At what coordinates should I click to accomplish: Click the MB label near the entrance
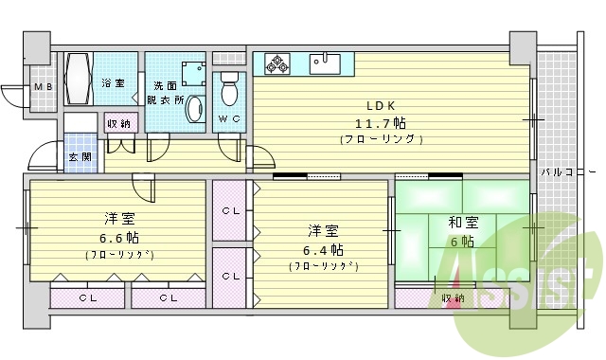click(43, 87)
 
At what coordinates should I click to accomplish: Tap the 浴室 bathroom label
click(113, 83)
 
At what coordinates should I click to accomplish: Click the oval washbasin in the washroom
click(194, 109)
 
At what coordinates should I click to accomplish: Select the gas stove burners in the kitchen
click(279, 63)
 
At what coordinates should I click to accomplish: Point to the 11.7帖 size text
click(380, 122)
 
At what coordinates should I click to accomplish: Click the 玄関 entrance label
click(79, 156)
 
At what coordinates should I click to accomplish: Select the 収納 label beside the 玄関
click(118, 123)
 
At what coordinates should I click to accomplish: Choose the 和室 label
click(462, 223)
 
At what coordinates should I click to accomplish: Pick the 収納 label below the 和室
click(453, 297)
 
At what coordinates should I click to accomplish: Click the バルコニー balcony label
click(568, 172)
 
